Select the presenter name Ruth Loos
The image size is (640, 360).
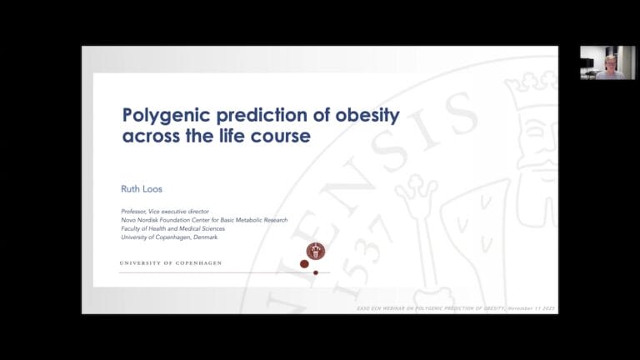click(x=142, y=189)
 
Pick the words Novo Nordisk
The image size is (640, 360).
click(x=143, y=220)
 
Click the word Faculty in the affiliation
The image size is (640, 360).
click(x=134, y=228)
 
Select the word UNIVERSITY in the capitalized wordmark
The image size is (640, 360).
click(x=141, y=262)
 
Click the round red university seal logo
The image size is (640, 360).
click(x=315, y=250)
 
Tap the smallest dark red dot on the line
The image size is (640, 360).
click(x=316, y=272)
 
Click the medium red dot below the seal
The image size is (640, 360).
click(x=304, y=264)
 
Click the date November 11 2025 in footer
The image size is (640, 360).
click(x=532, y=308)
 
